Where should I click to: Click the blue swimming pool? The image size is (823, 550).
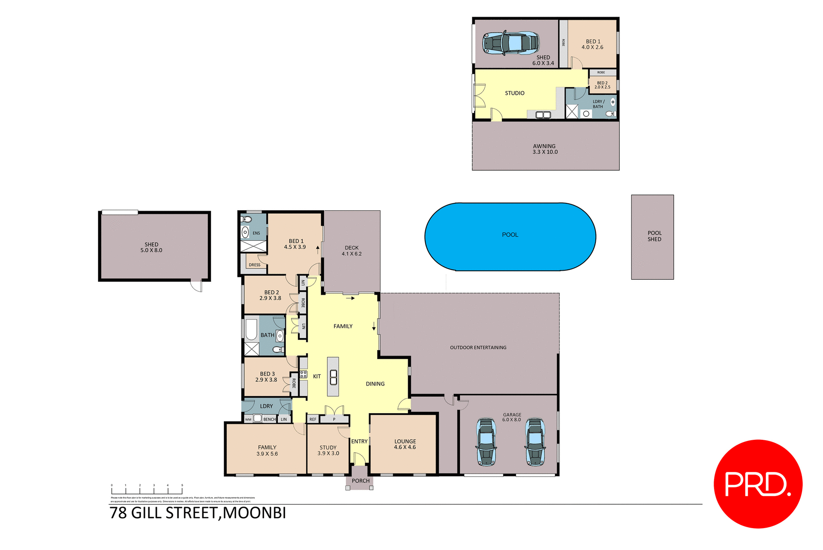pos(510,236)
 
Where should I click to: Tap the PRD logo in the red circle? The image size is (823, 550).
pos(757,484)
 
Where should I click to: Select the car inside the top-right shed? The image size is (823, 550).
pos(511,43)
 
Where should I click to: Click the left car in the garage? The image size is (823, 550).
pos(486,442)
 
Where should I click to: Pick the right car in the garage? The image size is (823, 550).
pos(535,442)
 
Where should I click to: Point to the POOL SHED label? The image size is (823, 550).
pos(654,236)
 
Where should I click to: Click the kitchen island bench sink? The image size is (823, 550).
pos(333,377)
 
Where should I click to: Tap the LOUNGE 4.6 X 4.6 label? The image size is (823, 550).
pos(405,444)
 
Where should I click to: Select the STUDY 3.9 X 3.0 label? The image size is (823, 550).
pos(328,450)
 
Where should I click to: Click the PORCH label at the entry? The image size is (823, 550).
pos(360,481)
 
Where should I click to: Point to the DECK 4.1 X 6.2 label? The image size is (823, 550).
pos(351,251)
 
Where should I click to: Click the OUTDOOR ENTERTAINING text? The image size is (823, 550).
pos(478,348)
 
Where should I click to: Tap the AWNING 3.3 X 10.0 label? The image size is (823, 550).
pos(545,149)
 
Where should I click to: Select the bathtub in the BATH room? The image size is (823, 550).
pos(251,329)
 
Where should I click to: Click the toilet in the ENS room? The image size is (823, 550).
pos(246,220)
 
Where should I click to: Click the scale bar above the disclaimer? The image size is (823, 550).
pos(147,490)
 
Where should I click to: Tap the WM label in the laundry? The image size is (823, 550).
pos(248,420)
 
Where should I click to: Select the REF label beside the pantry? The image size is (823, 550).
pos(313,420)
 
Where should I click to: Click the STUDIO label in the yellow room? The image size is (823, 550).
pos(514,93)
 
